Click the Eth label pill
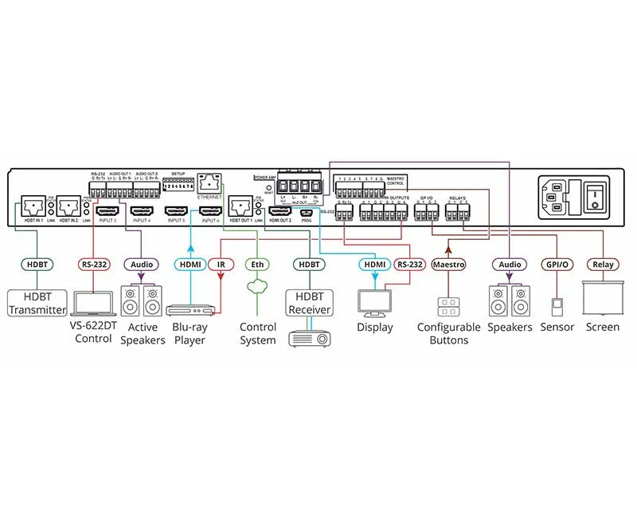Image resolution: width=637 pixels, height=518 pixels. pos(256,264)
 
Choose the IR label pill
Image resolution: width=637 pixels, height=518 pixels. pos(221,264)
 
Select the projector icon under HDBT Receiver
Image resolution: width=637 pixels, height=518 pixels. pos(309,337)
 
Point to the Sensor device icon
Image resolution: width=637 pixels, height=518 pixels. pos(557,306)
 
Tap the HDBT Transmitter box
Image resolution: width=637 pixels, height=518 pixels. pos(37,302)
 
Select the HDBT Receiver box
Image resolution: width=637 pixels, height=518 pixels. pos(309,304)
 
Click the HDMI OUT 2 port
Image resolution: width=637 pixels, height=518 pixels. pos(281,211)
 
